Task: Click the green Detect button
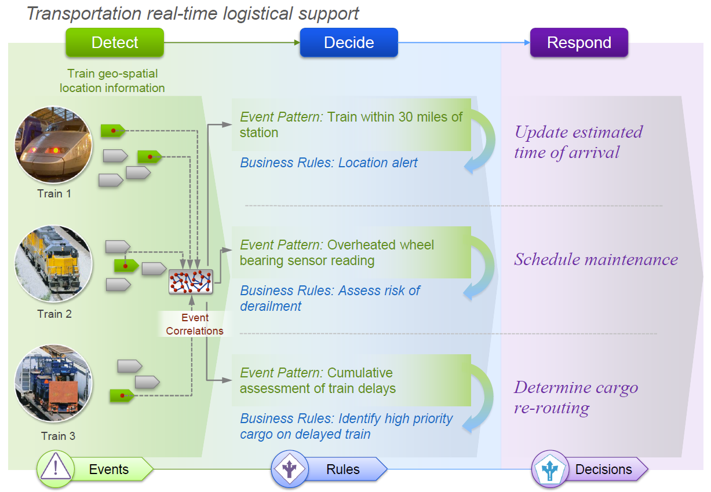pos(115,43)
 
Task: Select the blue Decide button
pos(349,43)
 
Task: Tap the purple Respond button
pos(579,43)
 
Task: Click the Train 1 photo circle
pos(54,144)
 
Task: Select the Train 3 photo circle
pos(54,384)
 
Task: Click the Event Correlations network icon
pos(191,282)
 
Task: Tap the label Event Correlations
pos(195,325)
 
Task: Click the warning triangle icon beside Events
pos(56,468)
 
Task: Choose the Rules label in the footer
pos(343,469)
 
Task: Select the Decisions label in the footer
pos(603,469)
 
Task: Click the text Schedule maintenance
pos(596,259)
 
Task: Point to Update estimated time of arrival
pos(578,142)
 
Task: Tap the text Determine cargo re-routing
pos(576,397)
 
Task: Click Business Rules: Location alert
pos(329,163)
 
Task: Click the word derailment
pos(271,306)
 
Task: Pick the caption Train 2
pos(54,314)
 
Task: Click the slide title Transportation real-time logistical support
pos(193,13)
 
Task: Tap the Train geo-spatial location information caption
pos(112,81)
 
